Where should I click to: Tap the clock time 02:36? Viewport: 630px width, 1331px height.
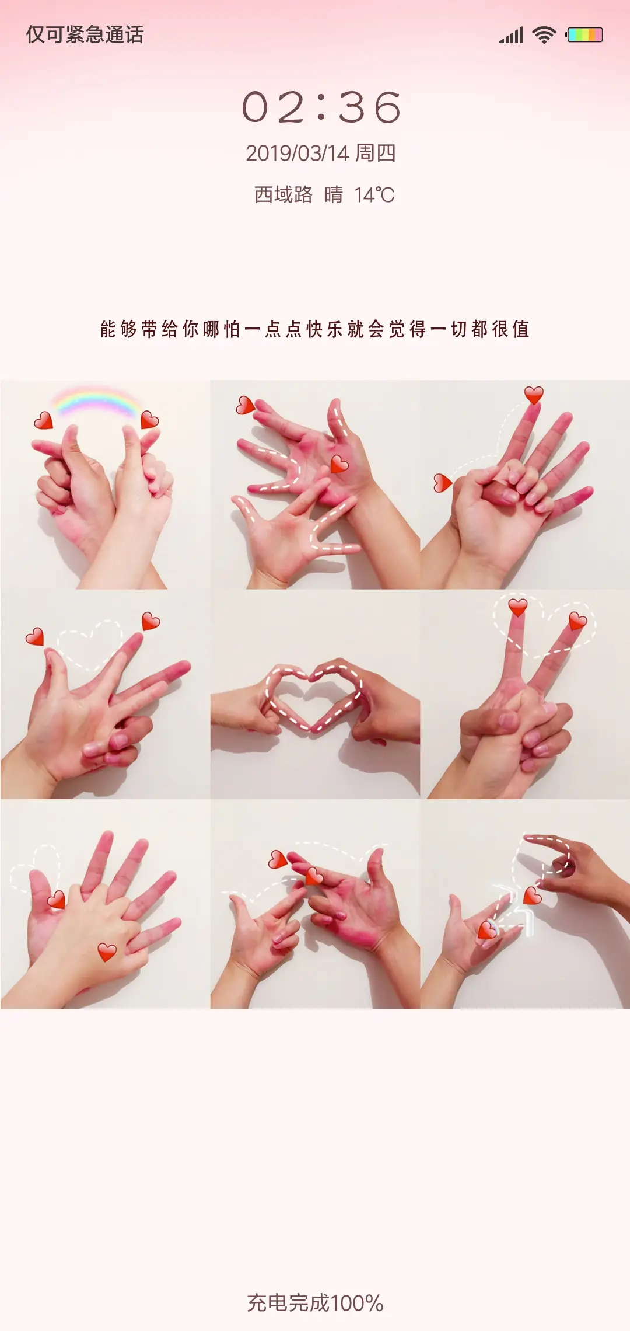tap(321, 107)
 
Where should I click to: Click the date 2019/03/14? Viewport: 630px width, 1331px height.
tap(297, 154)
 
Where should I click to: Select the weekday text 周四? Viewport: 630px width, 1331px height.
tap(376, 153)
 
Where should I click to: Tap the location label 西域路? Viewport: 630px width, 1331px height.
tap(283, 194)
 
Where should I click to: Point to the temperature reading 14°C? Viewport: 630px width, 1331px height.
tap(374, 195)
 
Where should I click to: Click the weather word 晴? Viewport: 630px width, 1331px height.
tap(334, 194)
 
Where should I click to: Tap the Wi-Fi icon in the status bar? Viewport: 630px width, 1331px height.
tap(544, 35)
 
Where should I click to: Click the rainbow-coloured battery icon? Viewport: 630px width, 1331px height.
tap(584, 35)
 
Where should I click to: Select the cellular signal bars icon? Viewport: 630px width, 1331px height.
tap(511, 36)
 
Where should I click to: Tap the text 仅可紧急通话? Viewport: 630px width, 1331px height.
tap(85, 34)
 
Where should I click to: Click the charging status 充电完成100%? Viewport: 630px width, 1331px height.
tap(315, 1303)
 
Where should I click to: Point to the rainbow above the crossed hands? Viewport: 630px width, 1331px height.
tap(96, 400)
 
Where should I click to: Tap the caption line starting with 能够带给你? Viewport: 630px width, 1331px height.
tap(315, 329)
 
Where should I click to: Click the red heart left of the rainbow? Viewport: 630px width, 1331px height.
tap(43, 420)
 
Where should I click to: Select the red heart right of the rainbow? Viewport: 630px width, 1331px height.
tap(149, 420)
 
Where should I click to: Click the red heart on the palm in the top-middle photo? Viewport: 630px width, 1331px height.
tap(339, 464)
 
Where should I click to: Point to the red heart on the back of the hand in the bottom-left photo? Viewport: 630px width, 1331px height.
tap(107, 952)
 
